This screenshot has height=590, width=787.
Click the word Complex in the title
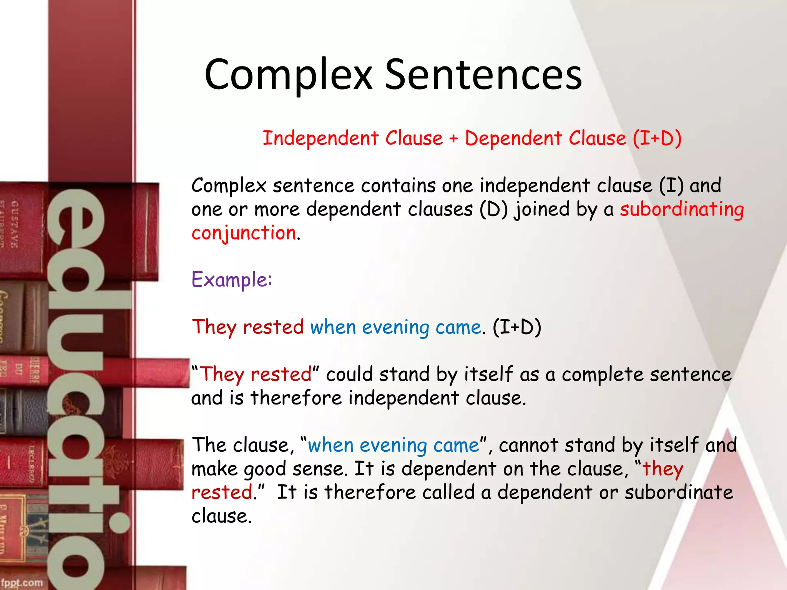(288, 75)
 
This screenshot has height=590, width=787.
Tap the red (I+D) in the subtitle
(657, 138)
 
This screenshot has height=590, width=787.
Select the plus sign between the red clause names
(454, 138)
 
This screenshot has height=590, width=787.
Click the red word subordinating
(682, 210)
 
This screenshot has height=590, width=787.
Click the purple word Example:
(232, 280)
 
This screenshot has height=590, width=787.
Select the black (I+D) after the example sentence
(517, 327)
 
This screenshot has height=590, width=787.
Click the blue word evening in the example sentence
(395, 328)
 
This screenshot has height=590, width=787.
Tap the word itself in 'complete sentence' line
(488, 374)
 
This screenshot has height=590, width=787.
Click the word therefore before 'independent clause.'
(296, 398)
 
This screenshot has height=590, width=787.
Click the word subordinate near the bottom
(679, 492)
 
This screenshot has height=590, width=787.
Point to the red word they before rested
(663, 469)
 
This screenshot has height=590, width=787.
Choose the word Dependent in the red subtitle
(513, 138)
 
